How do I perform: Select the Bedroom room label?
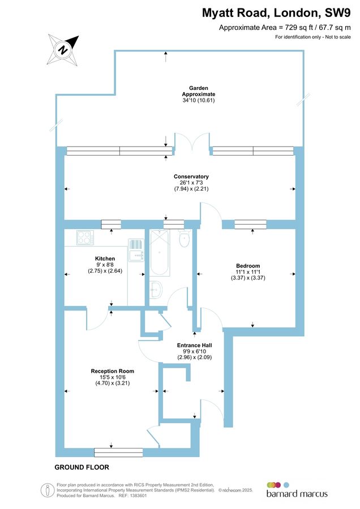[x=248, y=266]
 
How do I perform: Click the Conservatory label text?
[x=191, y=176]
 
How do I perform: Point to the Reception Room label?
[x=112, y=372]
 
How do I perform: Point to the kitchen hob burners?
[x=83, y=238]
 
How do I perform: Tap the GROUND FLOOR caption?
[x=82, y=468]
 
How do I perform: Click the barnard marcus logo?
[x=297, y=490]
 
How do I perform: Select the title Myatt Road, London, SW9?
[x=277, y=12]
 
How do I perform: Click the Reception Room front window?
[x=118, y=452]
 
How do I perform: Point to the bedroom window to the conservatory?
[x=251, y=225]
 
